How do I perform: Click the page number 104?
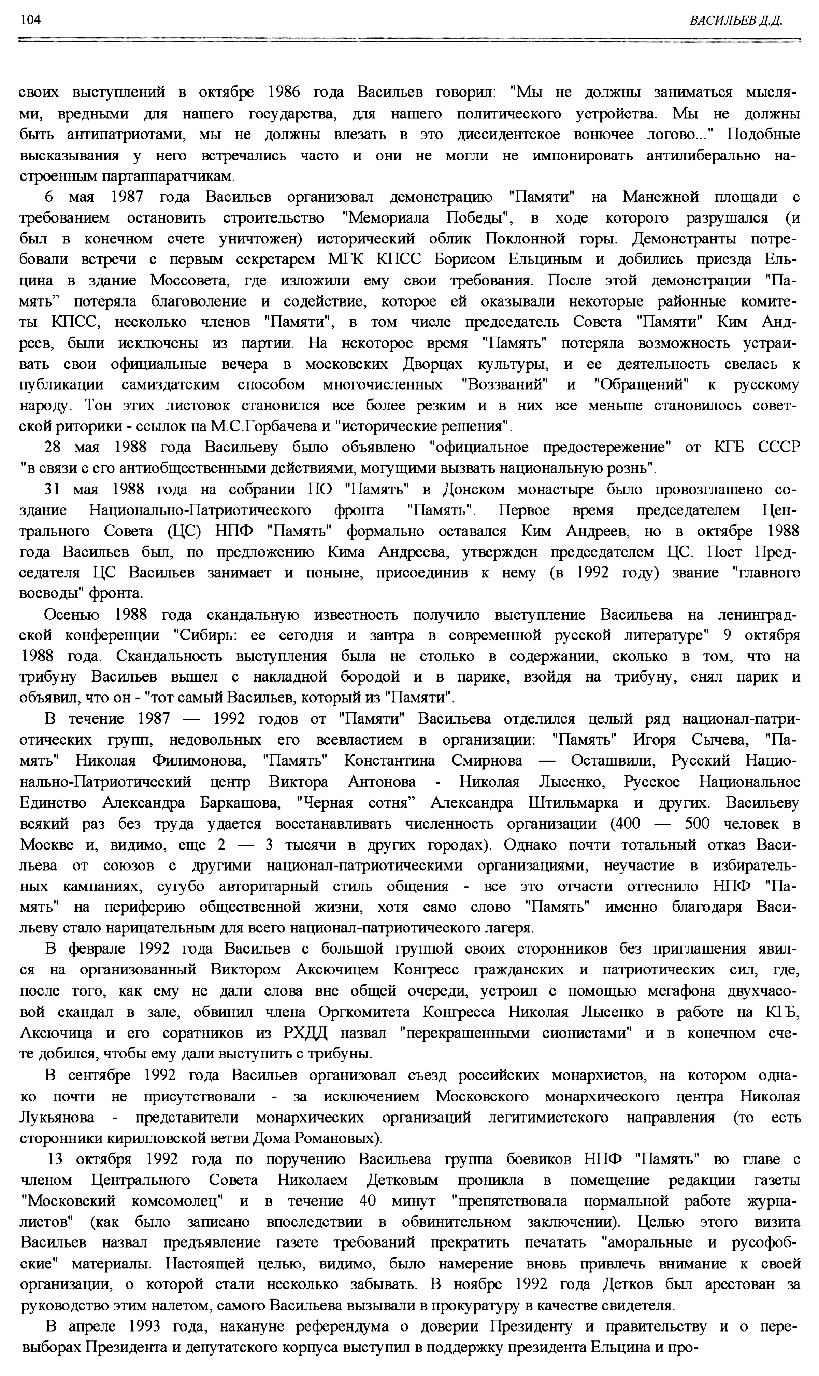click(30, 20)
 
